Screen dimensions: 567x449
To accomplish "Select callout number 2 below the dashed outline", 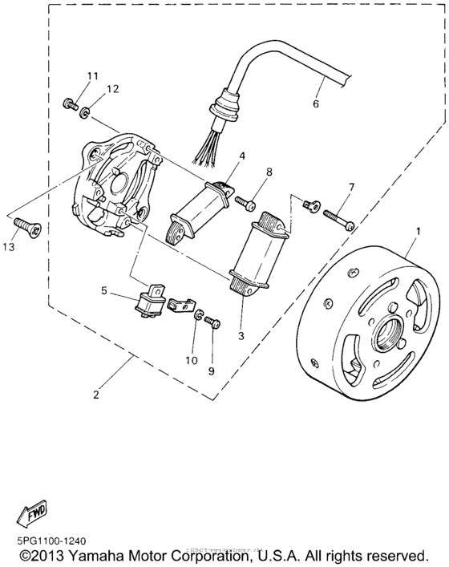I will click(x=97, y=395).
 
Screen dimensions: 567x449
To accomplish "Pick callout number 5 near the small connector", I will click(x=103, y=291).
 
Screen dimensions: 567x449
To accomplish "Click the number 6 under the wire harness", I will click(x=315, y=104).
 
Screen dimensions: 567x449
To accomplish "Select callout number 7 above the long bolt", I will click(x=350, y=187).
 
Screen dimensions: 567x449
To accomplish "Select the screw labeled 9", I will click(x=212, y=322).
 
